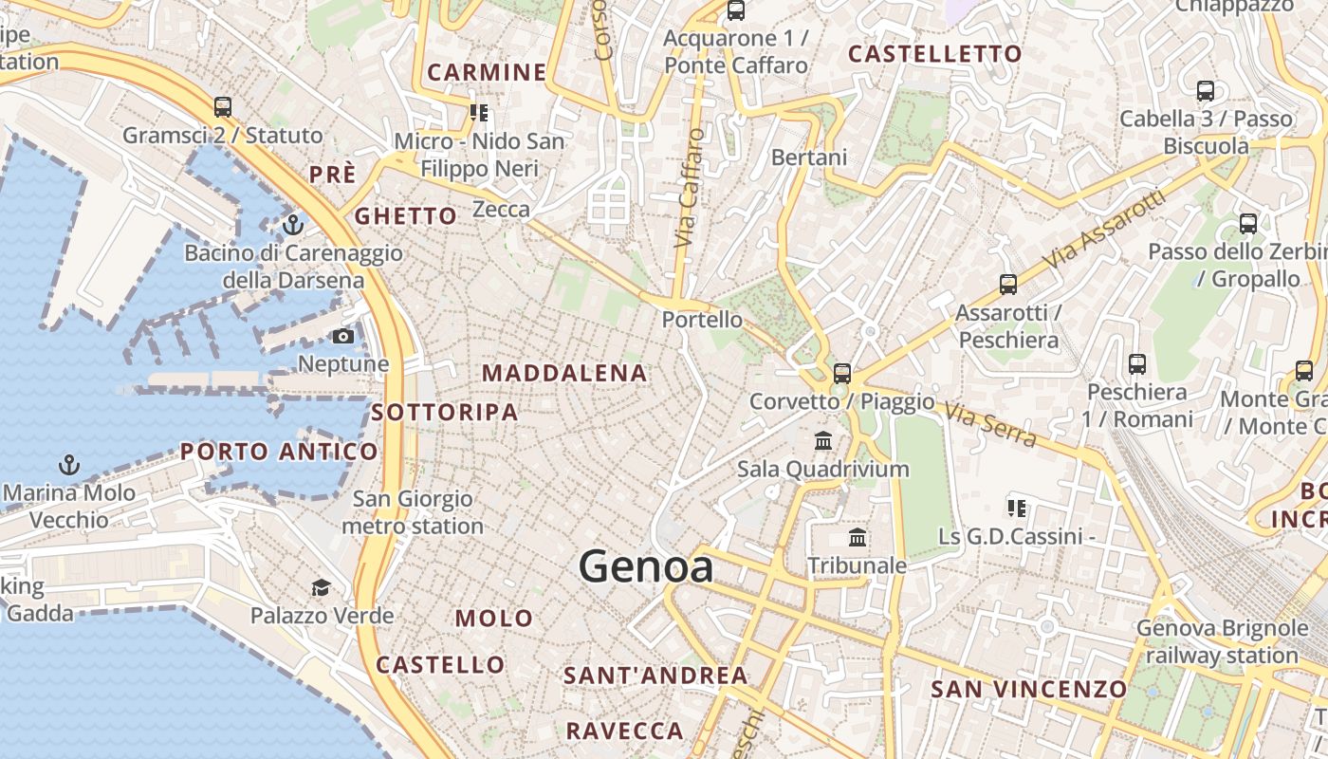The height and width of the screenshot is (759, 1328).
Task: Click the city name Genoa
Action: (x=646, y=566)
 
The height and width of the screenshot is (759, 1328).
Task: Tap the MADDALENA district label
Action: (x=564, y=373)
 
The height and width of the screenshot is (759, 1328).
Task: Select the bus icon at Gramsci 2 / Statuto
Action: (x=223, y=107)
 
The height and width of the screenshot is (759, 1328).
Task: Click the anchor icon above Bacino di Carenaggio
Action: (x=292, y=225)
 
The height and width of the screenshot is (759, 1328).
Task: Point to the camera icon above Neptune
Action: (x=343, y=336)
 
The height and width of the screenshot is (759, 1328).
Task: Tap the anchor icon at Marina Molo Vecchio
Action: (x=68, y=465)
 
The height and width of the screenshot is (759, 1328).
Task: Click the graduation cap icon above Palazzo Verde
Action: (x=322, y=588)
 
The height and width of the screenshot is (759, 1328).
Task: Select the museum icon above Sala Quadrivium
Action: (x=822, y=441)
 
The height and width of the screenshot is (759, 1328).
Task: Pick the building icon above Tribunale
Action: (x=858, y=538)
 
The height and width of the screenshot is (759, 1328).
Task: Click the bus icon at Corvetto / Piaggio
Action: (x=841, y=374)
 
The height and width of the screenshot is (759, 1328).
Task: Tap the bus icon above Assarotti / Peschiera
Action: (x=1007, y=285)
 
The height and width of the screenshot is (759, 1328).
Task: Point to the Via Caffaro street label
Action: (x=691, y=188)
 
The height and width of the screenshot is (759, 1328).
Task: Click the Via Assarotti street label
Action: (x=1103, y=229)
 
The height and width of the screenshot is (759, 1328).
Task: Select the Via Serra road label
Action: (x=989, y=423)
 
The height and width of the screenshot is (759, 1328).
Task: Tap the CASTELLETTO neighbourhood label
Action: (x=934, y=54)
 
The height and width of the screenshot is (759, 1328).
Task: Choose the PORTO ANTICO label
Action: (x=279, y=452)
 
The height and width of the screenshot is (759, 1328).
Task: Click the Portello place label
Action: (x=702, y=320)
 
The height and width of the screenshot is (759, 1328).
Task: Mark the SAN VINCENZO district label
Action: (x=1028, y=689)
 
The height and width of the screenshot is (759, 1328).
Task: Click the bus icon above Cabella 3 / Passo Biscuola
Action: (x=1206, y=91)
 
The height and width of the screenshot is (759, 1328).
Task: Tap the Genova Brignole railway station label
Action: (x=1222, y=641)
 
